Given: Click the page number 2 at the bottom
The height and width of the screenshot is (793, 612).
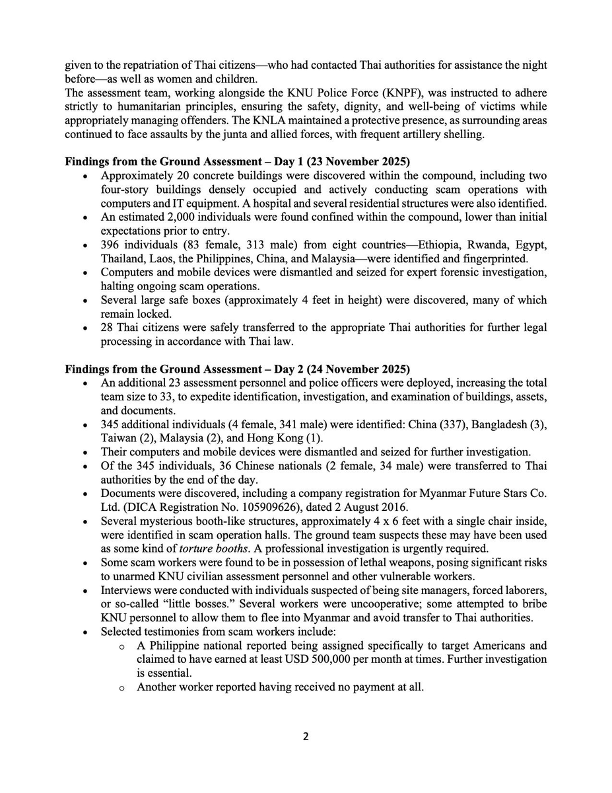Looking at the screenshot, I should click(x=306, y=737).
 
